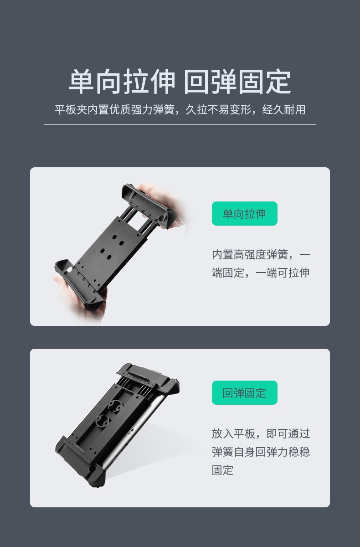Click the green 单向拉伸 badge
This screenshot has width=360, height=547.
[x=245, y=213]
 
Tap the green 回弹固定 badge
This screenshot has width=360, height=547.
[x=245, y=392]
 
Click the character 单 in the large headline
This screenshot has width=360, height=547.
[x=82, y=82]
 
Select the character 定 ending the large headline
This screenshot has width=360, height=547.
[x=278, y=82]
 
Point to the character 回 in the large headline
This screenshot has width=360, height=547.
[x=197, y=82]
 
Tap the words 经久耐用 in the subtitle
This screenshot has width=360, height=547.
[x=284, y=110]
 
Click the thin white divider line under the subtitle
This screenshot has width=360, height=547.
[x=180, y=124]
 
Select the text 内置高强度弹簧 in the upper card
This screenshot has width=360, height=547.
[x=250, y=255]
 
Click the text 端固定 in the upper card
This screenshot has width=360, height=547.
[x=228, y=273]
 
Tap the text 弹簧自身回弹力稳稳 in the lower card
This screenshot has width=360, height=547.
[x=261, y=452]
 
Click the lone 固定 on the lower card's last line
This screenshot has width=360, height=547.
[x=222, y=470]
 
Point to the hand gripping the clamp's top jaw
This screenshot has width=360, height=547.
[x=162, y=201]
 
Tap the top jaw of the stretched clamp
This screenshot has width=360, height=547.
[x=148, y=206]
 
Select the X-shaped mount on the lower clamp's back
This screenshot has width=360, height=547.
[x=109, y=413]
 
